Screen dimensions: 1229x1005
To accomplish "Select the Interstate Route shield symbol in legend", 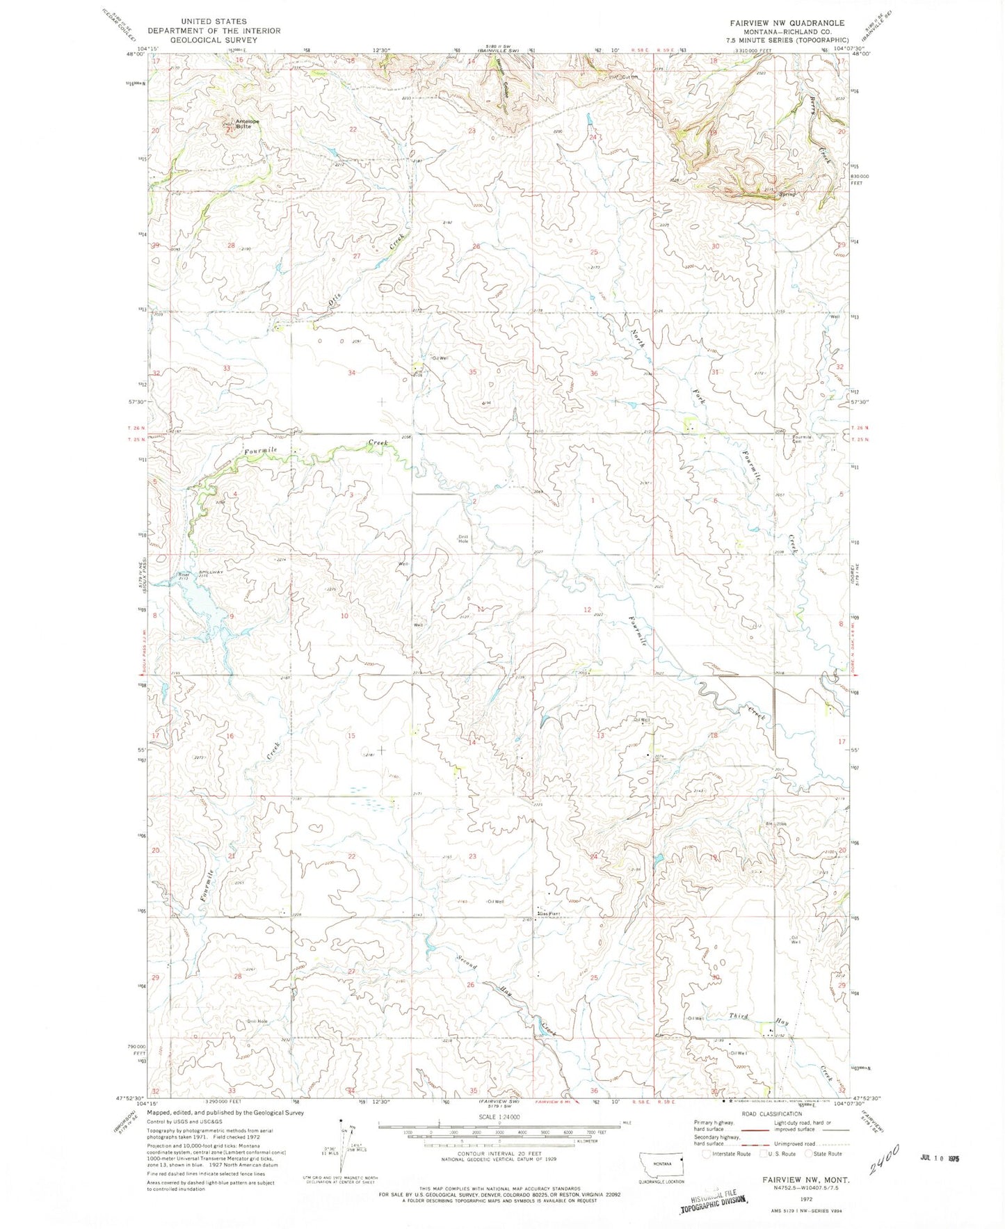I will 707,1153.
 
